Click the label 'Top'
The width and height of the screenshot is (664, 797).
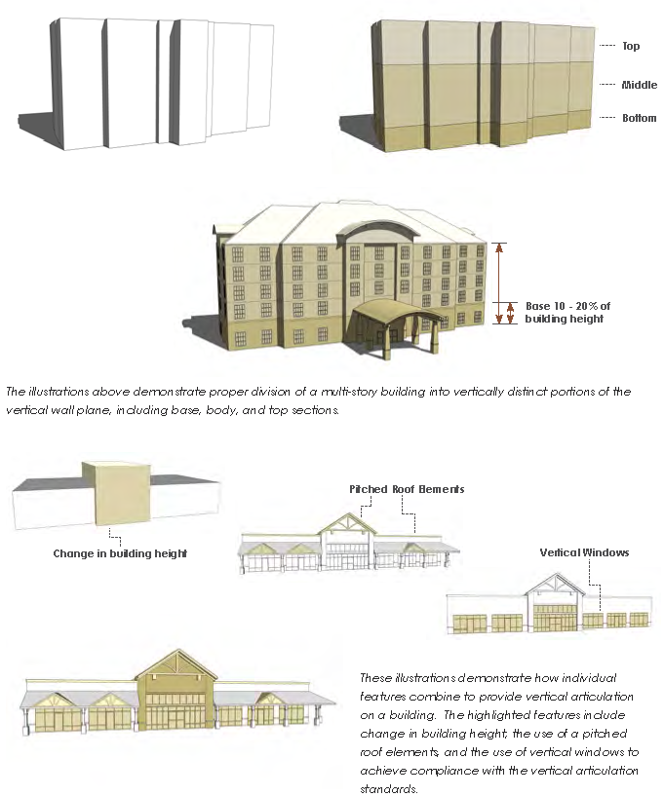point(631,46)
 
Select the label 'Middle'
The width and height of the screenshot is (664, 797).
point(639,85)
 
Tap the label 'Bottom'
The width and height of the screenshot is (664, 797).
point(639,118)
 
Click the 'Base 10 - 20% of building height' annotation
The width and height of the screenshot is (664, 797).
point(567,312)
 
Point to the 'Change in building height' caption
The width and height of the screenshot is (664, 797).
point(120,553)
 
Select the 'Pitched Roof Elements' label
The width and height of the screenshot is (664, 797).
point(407,489)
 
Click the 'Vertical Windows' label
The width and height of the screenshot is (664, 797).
point(584,552)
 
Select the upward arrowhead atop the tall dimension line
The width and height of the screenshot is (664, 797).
point(499,247)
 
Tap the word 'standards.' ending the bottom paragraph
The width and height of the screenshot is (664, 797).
point(389,789)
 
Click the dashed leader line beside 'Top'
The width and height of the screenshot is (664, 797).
point(607,46)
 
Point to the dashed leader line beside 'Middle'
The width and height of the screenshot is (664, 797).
point(607,85)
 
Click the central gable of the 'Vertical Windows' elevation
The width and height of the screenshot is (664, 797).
point(556,585)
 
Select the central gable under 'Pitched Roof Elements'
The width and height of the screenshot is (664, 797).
point(348,523)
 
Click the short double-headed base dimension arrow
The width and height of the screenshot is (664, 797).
point(510,313)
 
